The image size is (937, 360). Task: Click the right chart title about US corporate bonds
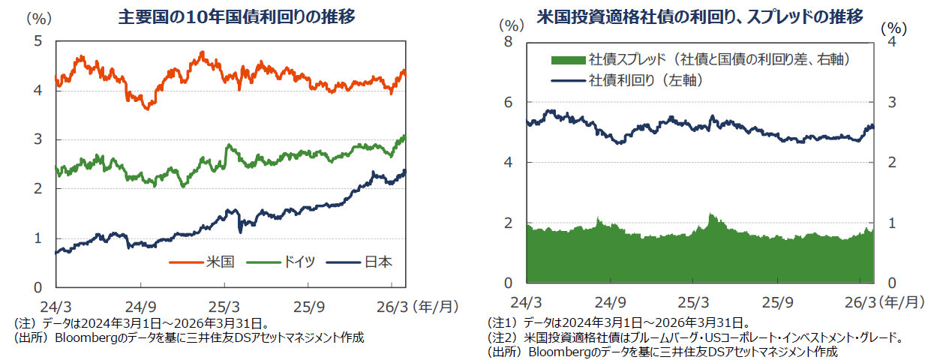(699, 16)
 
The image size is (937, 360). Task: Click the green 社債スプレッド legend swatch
(568, 58)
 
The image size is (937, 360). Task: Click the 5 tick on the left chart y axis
(38, 41)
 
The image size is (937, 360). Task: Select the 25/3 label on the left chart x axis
(224, 306)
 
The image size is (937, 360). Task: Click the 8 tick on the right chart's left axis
(507, 42)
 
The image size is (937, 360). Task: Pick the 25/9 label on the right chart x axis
(777, 303)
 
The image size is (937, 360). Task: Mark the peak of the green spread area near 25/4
(710, 214)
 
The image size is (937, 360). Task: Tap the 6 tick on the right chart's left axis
(507, 102)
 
